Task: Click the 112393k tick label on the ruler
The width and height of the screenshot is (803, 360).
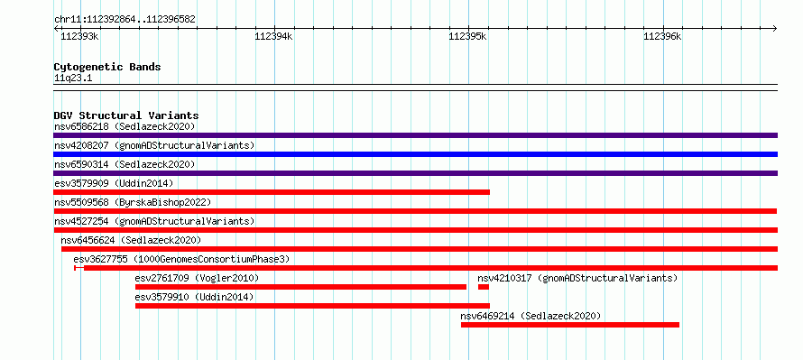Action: [x=79, y=37]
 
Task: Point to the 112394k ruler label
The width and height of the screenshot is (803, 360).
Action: [x=273, y=37]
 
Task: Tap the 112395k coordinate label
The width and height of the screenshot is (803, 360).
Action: [x=467, y=37]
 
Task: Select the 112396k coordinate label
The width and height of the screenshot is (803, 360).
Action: [x=662, y=37]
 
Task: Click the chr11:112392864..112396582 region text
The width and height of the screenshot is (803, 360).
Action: [x=125, y=20]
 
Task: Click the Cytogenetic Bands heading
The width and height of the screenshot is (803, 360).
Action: [x=107, y=67]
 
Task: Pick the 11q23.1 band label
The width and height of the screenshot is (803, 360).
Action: [x=73, y=78]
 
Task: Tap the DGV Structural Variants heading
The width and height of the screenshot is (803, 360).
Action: [x=126, y=115]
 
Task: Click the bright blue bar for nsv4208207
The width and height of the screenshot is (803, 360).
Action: [x=415, y=154]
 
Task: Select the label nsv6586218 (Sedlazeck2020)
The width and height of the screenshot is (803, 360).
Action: [x=125, y=126]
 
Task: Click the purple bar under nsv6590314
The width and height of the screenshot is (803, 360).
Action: [x=415, y=173]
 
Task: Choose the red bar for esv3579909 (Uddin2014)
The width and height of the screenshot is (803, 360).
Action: [x=272, y=192]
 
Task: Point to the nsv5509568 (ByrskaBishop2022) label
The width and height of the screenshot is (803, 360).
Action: [x=133, y=202]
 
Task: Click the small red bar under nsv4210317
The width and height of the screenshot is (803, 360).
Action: [x=484, y=287]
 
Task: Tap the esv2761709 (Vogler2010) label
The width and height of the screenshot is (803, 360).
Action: [x=198, y=278]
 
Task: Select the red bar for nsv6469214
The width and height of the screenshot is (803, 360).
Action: [x=570, y=325]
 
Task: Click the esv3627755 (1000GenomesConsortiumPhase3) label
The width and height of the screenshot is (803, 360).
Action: [x=181, y=259]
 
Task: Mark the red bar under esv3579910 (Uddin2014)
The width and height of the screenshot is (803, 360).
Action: [x=312, y=306]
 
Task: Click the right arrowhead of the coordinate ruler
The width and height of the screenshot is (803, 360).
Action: [x=775, y=28]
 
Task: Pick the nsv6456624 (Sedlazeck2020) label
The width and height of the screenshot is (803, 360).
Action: [x=131, y=240]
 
